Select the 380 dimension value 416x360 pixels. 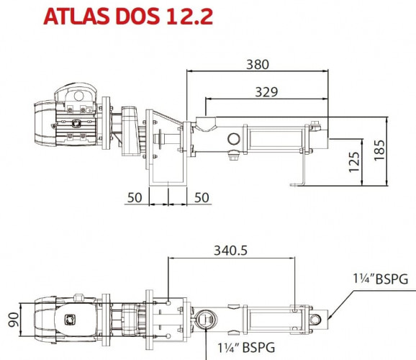(x=257, y=64)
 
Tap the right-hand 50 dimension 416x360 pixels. (x=202, y=197)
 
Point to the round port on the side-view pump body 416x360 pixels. (x=235, y=138)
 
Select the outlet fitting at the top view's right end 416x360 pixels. (x=320, y=316)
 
